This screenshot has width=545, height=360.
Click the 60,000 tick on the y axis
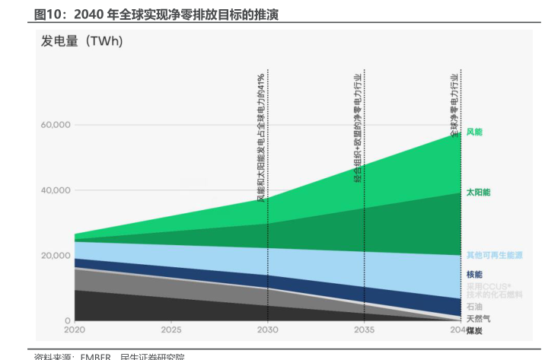(56, 125)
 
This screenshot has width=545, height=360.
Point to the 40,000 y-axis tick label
(56, 190)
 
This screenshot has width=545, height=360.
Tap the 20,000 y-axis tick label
(56, 256)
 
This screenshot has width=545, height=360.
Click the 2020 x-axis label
(75, 330)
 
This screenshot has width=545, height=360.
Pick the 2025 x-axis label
(171, 330)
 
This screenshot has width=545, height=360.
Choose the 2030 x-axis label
(267, 330)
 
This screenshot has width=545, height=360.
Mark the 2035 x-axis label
(365, 330)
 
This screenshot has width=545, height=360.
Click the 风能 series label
(474, 132)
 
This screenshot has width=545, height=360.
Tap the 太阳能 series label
(478, 193)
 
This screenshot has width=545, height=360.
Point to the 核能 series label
(474, 274)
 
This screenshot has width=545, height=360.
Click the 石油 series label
(474, 307)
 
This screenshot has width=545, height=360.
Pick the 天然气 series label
(478, 319)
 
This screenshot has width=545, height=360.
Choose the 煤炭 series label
(474, 331)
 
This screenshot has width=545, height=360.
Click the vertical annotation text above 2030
(261, 138)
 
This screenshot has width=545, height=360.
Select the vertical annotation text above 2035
(358, 129)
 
